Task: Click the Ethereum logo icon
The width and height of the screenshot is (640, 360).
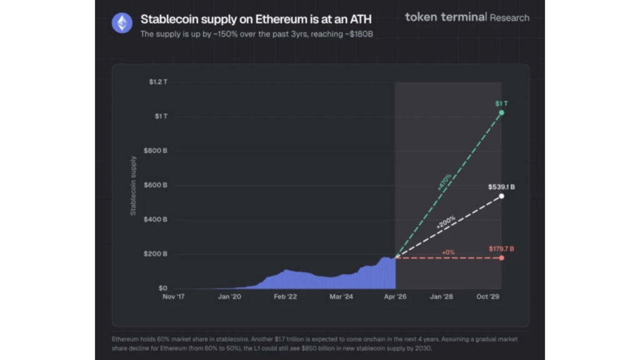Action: click(x=122, y=23)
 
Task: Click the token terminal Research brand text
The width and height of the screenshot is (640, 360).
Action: click(x=467, y=17)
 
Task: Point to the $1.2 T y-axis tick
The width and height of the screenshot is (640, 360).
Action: click(x=158, y=82)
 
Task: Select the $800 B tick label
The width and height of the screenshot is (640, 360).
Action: click(x=156, y=151)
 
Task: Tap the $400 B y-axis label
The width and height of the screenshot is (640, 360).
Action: click(x=156, y=219)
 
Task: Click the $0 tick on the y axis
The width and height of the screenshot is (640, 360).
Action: click(x=162, y=288)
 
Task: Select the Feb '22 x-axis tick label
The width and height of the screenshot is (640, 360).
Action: click(x=286, y=297)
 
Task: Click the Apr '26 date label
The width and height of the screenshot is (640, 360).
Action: click(x=395, y=297)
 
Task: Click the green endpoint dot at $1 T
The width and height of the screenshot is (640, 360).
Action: click(x=501, y=112)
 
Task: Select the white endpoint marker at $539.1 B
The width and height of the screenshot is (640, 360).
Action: click(x=501, y=196)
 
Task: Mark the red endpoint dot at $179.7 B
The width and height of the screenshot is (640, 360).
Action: click(x=501, y=257)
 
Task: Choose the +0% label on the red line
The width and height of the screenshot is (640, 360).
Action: click(x=447, y=251)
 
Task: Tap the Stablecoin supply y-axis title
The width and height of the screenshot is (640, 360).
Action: click(x=133, y=186)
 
